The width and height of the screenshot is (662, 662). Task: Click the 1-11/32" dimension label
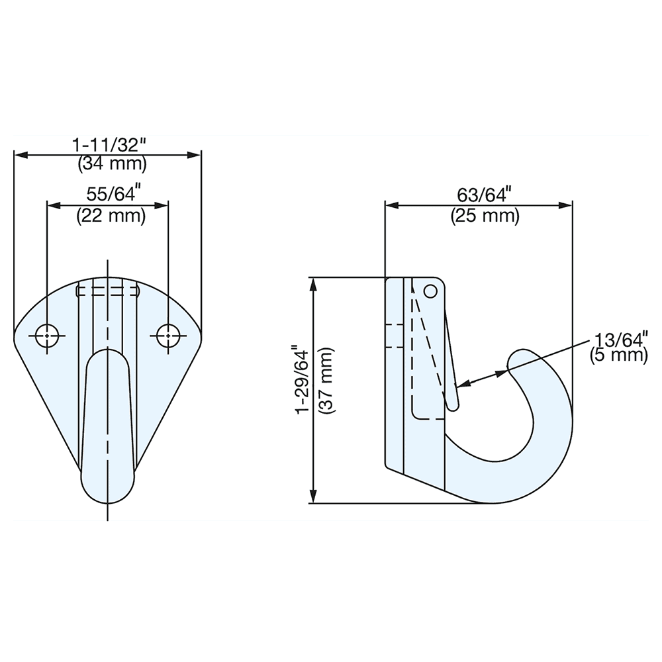108,144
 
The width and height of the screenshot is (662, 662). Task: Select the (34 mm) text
112,162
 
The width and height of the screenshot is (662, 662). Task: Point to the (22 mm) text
111,215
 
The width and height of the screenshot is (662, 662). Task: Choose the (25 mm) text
485,215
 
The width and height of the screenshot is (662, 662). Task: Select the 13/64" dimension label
619,340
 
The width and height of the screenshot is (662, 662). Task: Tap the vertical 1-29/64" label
302,379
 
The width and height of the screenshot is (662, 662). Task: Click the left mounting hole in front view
48,336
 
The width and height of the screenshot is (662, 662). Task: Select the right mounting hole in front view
168,336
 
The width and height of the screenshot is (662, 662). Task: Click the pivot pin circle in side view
430,291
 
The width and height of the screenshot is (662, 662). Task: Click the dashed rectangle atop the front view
107,290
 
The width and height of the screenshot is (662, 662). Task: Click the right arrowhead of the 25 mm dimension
567,205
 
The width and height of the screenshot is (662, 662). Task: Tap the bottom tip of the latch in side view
452,406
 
